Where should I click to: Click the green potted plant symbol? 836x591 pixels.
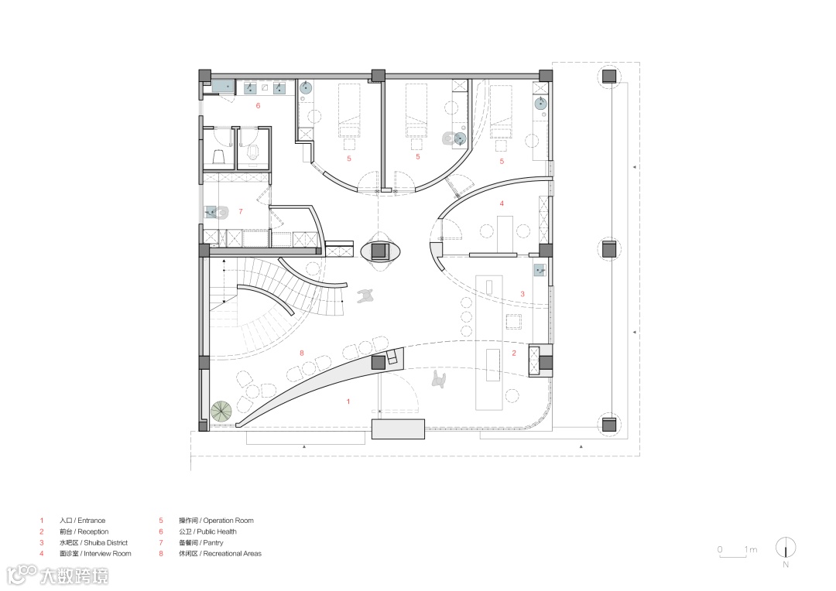click(x=221, y=411)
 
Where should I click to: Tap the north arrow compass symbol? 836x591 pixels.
click(x=786, y=548)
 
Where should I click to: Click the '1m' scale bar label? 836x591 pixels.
click(x=751, y=549)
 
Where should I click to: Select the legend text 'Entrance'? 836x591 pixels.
click(x=91, y=521)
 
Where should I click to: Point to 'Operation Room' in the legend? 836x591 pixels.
click(x=228, y=521)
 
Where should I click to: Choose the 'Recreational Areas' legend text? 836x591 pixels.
click(x=232, y=554)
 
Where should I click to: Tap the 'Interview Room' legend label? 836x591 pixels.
click(x=107, y=554)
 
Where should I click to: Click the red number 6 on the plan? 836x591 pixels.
click(x=258, y=105)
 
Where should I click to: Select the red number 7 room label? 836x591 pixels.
click(x=241, y=211)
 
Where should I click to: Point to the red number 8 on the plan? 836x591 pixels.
click(x=302, y=353)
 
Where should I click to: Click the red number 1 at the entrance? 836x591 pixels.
click(x=348, y=401)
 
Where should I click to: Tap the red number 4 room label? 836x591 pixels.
click(x=502, y=203)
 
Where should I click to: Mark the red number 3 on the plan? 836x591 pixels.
click(x=522, y=294)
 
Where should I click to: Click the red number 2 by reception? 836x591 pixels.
click(x=514, y=353)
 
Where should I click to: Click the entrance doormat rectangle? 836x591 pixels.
click(x=399, y=429)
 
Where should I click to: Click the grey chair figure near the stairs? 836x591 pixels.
click(x=365, y=295)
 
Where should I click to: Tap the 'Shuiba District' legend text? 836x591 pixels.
click(x=105, y=542)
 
